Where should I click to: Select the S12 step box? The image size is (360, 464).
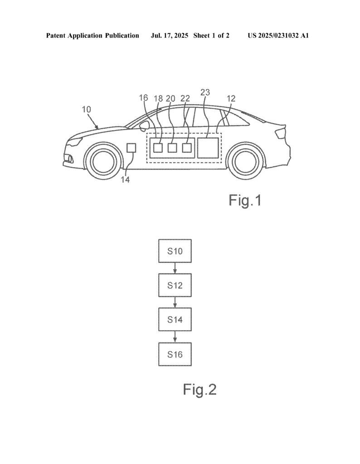tap(175, 286)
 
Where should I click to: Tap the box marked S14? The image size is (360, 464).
tap(175, 320)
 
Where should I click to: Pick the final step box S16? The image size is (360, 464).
tap(175, 354)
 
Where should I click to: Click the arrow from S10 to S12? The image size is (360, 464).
tap(175, 269)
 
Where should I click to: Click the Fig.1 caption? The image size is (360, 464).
tap(245, 200)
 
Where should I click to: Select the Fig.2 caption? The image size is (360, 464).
tap(200, 389)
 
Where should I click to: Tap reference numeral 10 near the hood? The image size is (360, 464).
tap(86, 109)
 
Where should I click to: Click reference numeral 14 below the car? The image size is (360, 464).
tap(125, 179)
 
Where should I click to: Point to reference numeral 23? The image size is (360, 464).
tap(205, 92)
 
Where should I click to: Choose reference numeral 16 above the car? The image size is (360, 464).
tap(143, 97)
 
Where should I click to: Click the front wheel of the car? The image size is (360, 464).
tap(104, 160)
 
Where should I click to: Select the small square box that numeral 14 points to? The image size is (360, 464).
tap(131, 148)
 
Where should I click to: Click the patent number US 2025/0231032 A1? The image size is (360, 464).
tap(278, 35)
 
